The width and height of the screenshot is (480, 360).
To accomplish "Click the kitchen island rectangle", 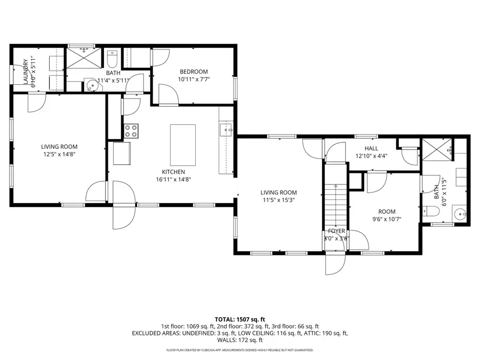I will (182, 145).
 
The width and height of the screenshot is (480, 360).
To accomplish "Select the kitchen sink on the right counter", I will (227, 130).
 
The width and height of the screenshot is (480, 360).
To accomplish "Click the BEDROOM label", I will (193, 71).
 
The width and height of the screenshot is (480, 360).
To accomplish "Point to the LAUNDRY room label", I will (25, 71).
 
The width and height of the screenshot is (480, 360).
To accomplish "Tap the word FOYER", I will (337, 231).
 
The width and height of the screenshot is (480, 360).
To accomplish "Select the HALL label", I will (371, 148).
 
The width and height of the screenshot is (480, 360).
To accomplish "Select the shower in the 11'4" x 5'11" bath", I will (84, 59).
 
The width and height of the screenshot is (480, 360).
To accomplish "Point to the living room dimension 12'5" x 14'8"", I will (59, 154).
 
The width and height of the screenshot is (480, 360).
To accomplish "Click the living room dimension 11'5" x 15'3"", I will (278, 200).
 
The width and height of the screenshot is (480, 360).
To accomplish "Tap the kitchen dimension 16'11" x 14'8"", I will (173, 180).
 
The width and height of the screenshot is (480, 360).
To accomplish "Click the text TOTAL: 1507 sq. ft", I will (240, 318).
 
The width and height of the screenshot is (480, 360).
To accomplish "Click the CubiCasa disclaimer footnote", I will (240, 350).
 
